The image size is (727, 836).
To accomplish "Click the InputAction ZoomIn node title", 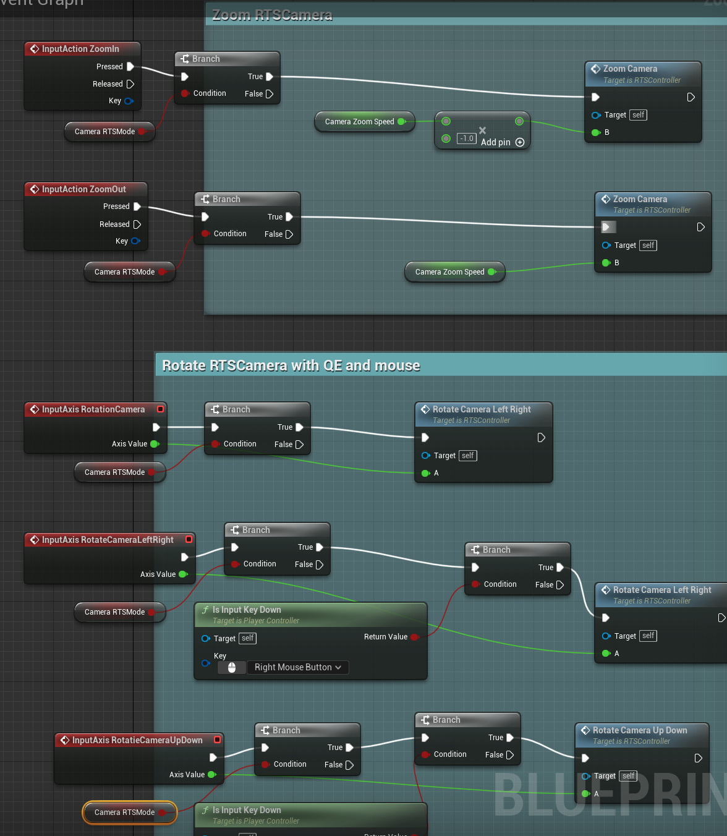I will coord(80,49).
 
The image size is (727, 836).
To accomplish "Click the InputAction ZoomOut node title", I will coord(83,189).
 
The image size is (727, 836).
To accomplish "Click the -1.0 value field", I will coord(467,139).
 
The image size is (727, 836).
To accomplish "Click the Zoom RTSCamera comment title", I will coord(272,15).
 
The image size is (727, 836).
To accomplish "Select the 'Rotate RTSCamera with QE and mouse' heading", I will coord(291,365).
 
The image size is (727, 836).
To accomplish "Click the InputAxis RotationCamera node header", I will coord(93,409).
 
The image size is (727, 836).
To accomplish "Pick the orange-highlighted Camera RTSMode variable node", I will coord(125,813).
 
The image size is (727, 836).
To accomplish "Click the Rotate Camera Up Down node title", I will coord(639,730).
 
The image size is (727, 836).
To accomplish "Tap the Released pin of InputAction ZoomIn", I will coord(130,84).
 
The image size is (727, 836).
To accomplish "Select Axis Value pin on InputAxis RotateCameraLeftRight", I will coord(183,574).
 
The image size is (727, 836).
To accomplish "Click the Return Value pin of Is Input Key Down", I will coord(414,637).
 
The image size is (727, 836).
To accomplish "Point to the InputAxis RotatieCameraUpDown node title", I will coord(137,740).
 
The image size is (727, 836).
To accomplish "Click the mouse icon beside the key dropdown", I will coord(232,667).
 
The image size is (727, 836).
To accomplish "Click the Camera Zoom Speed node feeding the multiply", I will coord(360,122).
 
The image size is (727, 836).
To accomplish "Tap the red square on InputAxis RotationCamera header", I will coord(161,409).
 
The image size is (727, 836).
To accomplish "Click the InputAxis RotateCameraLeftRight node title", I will coord(108,540).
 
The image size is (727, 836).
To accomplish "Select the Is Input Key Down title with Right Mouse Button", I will coord(247,610).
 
